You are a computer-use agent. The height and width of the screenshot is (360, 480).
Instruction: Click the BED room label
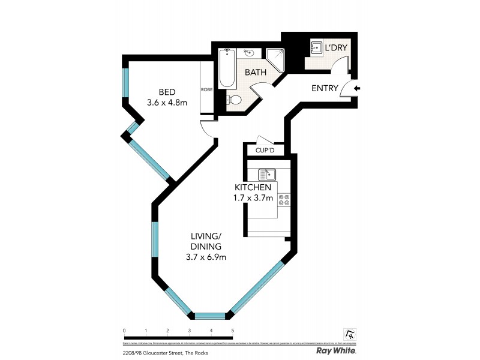point(167,92)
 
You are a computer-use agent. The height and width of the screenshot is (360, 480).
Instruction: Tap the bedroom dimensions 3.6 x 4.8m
point(167,103)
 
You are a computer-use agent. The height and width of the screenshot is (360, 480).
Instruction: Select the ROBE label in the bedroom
point(206,89)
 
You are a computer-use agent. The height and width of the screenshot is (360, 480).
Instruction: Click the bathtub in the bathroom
point(226,68)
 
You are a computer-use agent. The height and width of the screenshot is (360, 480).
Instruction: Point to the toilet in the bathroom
point(236,100)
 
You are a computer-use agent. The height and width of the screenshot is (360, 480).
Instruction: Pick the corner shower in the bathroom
point(275,59)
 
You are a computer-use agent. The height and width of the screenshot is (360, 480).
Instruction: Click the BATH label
point(256,72)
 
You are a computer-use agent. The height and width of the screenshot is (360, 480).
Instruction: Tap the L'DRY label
point(337,48)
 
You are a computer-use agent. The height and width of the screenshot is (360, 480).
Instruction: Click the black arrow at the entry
point(357,89)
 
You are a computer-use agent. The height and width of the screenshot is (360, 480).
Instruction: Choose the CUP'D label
point(265,150)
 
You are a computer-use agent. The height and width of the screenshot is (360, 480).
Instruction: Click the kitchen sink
point(266,175)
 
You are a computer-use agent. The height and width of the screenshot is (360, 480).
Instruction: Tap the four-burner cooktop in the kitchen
point(284,199)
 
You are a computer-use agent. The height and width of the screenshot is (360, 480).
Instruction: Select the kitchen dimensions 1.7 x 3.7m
point(253,198)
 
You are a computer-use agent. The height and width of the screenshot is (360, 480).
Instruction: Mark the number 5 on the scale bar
point(232,331)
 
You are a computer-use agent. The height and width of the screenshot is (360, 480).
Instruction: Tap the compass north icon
point(350,333)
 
